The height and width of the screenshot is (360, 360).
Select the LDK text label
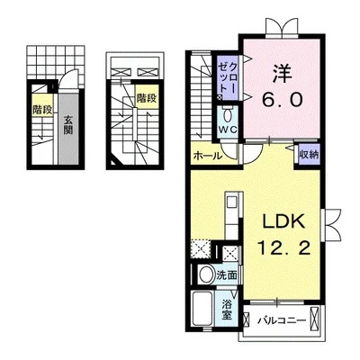click(x=282, y=221)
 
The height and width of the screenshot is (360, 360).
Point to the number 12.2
click(x=283, y=247)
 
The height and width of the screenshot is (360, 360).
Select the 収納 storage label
click(x=309, y=155)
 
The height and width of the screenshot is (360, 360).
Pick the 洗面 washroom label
click(x=227, y=275)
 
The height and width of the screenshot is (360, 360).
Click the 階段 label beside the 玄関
click(x=40, y=110)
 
